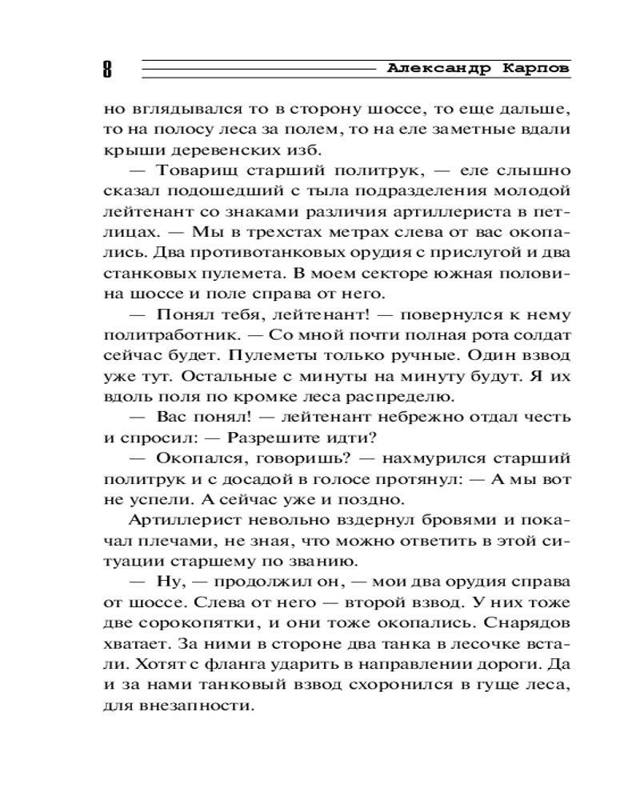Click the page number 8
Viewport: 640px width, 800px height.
(x=107, y=69)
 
